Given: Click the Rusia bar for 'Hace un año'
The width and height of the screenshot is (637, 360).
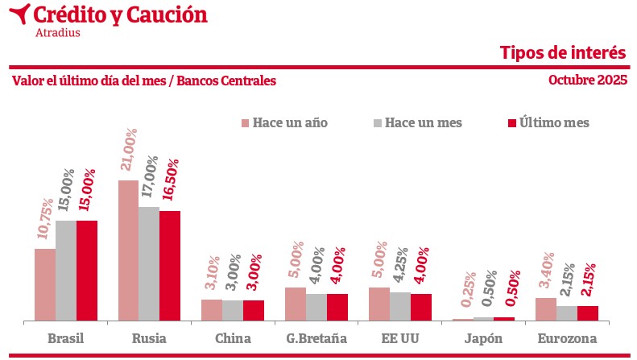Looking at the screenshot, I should coord(128,250).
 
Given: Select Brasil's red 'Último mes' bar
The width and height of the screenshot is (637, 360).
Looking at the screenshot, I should coord(86,271).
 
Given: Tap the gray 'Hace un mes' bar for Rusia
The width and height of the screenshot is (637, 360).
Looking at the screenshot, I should coord(149,264).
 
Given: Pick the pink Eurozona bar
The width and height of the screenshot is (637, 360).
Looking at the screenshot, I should coord(546,309).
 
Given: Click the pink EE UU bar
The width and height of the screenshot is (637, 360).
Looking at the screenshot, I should coord(379,304).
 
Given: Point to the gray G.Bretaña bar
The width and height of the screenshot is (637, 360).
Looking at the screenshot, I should coord(316,307).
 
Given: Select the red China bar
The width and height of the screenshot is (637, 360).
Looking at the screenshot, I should coord(254,310).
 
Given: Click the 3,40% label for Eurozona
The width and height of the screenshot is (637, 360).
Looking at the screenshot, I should coord(547,271).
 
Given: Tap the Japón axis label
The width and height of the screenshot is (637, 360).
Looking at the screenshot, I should coord(484,338).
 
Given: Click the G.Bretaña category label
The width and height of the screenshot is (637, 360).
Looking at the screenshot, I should coord(316,338).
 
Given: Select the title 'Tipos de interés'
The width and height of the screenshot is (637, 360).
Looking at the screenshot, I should coord(563,53).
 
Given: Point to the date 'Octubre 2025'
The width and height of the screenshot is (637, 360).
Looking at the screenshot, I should coord(588,81).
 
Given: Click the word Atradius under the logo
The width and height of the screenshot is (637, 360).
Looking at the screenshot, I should coord(58,33).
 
